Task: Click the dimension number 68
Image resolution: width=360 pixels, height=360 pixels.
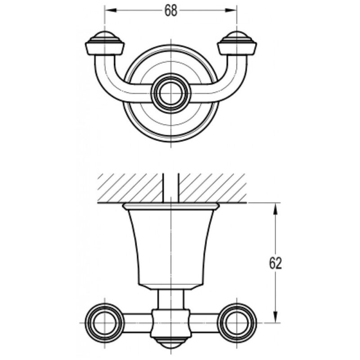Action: pyautogui.click(x=171, y=10)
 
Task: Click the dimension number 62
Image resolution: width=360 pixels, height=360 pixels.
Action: pyautogui.click(x=275, y=263)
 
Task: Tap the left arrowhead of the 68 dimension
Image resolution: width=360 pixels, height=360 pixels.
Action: pyautogui.click(x=111, y=10)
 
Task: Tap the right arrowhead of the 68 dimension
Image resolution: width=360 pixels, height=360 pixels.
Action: pyautogui.click(x=231, y=10)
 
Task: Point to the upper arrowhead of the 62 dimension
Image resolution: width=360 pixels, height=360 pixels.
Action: pyautogui.click(x=276, y=209)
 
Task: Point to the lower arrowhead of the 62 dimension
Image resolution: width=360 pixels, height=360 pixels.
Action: pyautogui.click(x=276, y=317)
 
